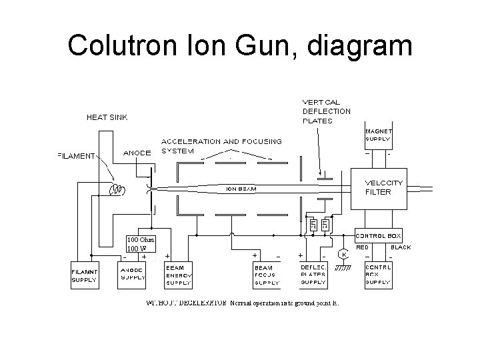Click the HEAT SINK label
pyautogui.click(x=107, y=117)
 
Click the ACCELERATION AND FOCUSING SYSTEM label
pyautogui.click(x=221, y=146)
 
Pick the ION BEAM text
pyautogui.click(x=240, y=189)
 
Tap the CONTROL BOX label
pyautogui.click(x=381, y=236)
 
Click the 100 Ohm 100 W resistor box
pyautogui.click(x=141, y=244)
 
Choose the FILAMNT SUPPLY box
pyautogui.click(x=85, y=276)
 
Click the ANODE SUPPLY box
pyautogui.click(x=133, y=276)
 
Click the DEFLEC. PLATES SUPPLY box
pyautogui.click(x=313, y=276)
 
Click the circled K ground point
pyautogui.click(x=343, y=255)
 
